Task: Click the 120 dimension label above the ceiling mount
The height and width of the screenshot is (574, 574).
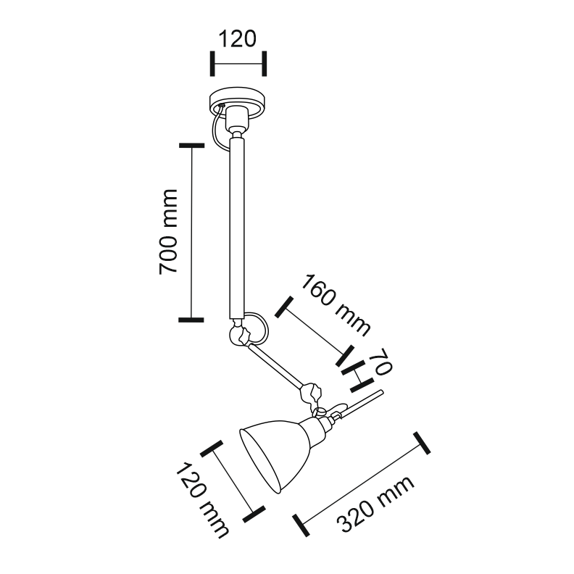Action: point(237,39)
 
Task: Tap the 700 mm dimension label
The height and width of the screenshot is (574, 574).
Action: point(168,232)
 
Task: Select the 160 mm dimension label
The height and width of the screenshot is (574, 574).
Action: point(335,305)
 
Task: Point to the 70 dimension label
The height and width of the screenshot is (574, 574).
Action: point(380,362)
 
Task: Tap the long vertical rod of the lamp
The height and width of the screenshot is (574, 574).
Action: point(236,228)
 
